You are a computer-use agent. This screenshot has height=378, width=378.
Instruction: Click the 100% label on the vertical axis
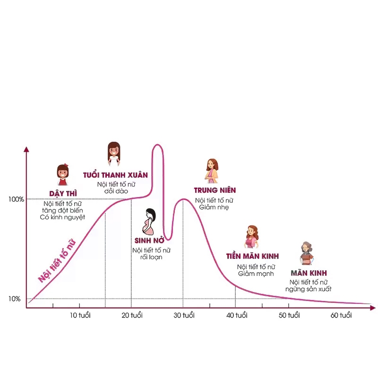(x=16, y=199)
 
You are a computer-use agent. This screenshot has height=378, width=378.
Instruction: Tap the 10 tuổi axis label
(x=80, y=315)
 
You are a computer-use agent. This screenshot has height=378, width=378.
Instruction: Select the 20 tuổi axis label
(x=132, y=315)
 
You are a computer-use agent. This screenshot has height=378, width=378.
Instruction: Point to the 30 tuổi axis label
(x=184, y=315)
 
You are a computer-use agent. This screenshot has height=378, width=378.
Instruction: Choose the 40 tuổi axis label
(x=237, y=315)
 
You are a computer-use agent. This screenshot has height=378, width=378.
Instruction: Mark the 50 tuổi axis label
(x=289, y=315)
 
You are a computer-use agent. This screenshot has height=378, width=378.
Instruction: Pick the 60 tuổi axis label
(x=341, y=315)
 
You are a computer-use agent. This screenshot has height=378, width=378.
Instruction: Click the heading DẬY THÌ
(x=63, y=193)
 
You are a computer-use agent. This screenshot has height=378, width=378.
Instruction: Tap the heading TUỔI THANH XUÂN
(x=115, y=175)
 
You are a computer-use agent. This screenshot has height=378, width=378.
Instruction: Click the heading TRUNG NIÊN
(x=215, y=190)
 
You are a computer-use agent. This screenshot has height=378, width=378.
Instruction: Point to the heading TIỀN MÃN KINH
(x=252, y=256)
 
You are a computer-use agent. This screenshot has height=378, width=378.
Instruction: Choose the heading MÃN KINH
(x=309, y=273)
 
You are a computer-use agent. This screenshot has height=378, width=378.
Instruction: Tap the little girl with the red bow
(x=63, y=175)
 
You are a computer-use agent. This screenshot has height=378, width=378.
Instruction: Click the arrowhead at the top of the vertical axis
(x=26, y=150)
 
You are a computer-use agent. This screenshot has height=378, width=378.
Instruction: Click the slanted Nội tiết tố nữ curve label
(x=57, y=261)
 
